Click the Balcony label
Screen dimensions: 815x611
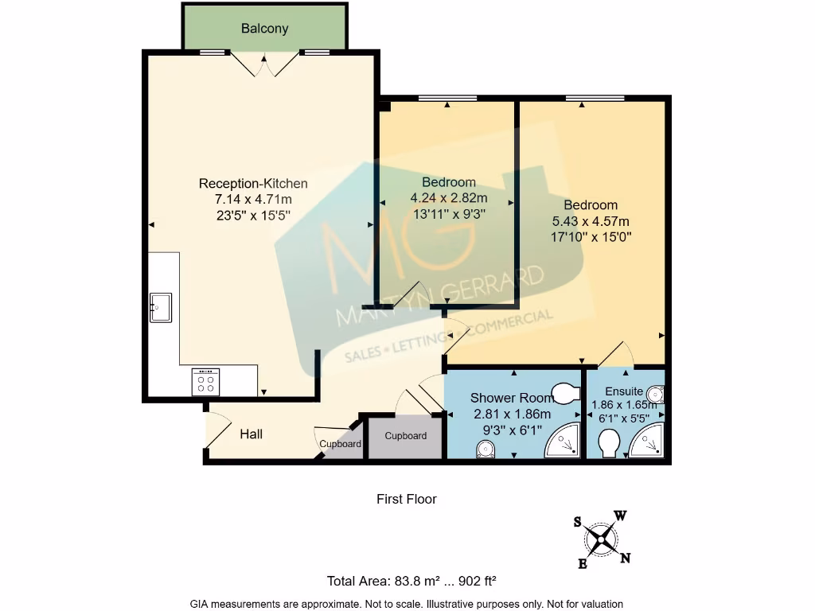click(x=264, y=28)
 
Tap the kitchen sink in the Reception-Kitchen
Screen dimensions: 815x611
click(x=161, y=308)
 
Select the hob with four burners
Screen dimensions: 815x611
click(x=206, y=382)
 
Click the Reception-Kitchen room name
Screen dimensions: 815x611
click(x=253, y=184)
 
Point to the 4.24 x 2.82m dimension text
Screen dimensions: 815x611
click(x=449, y=198)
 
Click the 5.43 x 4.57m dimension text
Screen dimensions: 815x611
click(x=591, y=221)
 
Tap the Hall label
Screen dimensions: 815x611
click(x=251, y=434)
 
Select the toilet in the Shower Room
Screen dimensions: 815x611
click(x=566, y=392)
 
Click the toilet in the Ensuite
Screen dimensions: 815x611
click(x=609, y=445)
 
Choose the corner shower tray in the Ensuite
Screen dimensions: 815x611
click(x=646, y=441)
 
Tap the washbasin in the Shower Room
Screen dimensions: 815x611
click(x=485, y=449)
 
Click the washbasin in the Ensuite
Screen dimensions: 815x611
click(x=656, y=395)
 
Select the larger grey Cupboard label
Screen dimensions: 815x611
click(x=405, y=436)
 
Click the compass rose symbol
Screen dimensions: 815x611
click(x=601, y=540)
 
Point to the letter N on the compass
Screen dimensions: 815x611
click(x=626, y=558)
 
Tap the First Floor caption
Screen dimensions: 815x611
click(x=407, y=500)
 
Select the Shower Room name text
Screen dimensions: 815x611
click(x=512, y=398)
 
